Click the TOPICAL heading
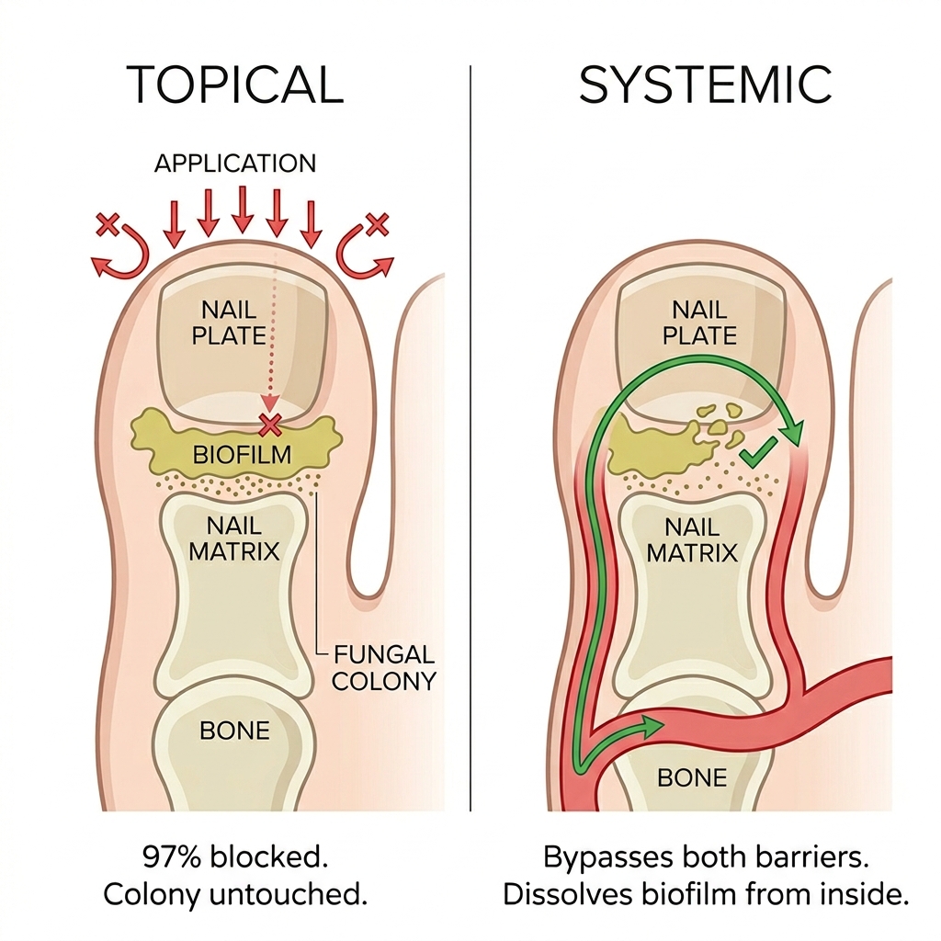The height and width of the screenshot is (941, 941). [234, 85]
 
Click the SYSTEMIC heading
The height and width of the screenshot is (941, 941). [705, 85]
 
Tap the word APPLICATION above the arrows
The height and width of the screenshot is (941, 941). [235, 164]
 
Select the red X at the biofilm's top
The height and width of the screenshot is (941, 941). [270, 425]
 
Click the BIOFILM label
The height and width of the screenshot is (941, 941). [242, 455]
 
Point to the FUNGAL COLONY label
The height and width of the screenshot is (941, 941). [383, 667]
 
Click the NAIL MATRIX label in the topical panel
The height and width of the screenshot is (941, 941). [234, 539]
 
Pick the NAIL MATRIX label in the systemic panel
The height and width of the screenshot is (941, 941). [692, 539]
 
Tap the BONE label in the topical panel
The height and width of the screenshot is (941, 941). [234, 731]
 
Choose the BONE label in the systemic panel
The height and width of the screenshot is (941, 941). [692, 777]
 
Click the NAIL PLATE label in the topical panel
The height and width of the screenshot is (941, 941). [229, 323]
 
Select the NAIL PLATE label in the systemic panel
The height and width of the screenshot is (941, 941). [699, 323]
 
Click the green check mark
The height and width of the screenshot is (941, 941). [758, 452]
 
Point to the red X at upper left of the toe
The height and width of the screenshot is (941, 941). [108, 224]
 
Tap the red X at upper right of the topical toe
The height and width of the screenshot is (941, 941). [378, 224]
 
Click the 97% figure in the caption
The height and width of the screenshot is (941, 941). [171, 857]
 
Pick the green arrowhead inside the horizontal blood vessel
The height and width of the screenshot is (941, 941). [654, 727]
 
